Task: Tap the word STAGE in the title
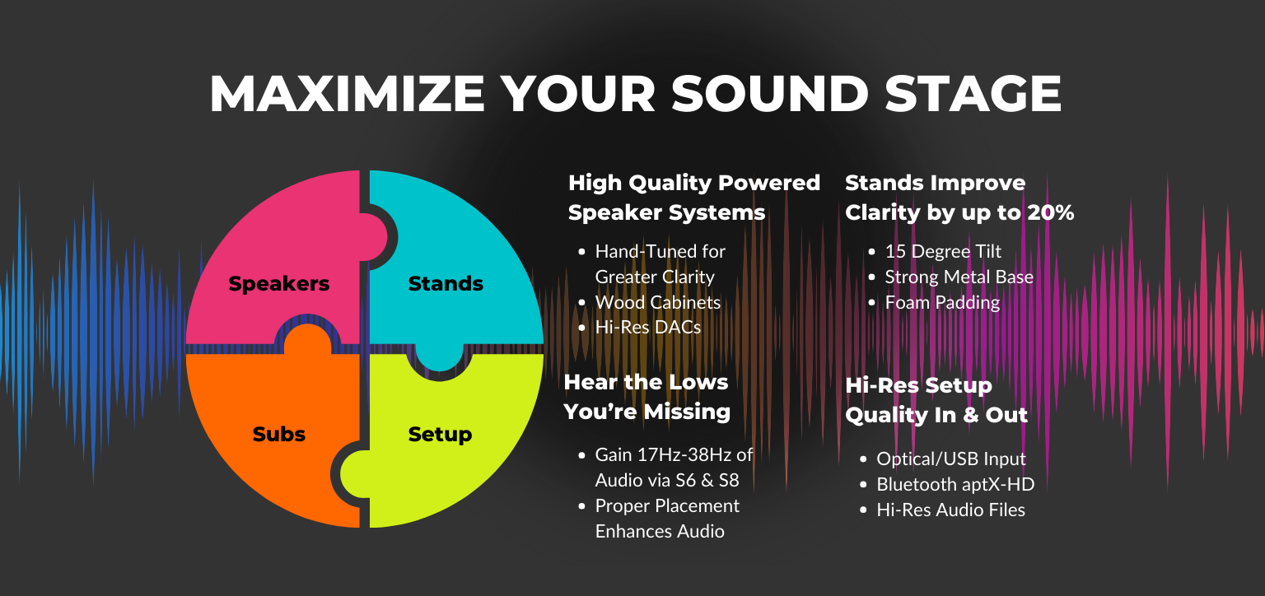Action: pos(973,93)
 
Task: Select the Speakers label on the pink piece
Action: pos(279,284)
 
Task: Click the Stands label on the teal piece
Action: pos(446,283)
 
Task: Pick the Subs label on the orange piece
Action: pos(279,434)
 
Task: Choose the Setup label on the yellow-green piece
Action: pos(440,435)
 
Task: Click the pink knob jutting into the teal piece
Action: pos(375,237)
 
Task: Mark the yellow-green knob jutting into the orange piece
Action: pos(353,475)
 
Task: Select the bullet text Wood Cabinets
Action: pos(658,302)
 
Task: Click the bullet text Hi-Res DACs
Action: pos(648,328)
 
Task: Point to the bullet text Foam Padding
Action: pos(942,302)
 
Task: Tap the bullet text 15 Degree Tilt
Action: pos(943,252)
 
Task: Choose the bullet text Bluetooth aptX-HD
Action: pos(955,484)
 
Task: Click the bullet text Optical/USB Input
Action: pos(951,459)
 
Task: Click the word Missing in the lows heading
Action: pos(687,412)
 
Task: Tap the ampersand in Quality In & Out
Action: pos(970,416)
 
